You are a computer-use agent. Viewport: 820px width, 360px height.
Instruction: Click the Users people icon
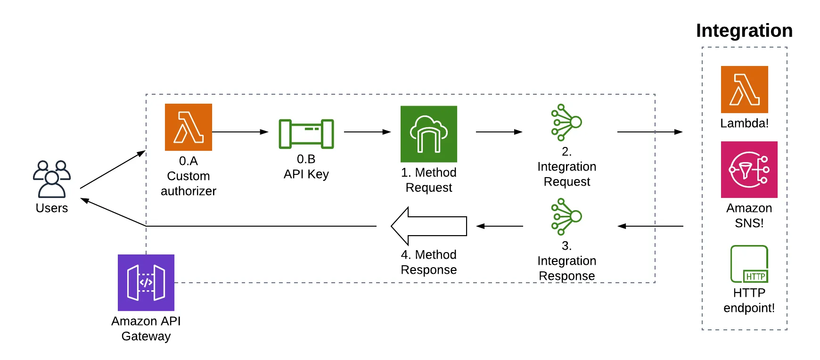click(52, 179)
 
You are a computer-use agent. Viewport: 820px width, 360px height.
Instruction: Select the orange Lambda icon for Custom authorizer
click(189, 127)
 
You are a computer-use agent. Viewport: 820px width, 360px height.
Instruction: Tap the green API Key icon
click(306, 134)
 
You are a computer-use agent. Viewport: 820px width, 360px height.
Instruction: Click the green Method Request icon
click(429, 134)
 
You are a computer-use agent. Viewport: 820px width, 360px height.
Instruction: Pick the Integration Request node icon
click(566, 123)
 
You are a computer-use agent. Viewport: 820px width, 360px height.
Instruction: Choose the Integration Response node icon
click(566, 217)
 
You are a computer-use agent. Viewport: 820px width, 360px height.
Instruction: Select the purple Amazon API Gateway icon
click(146, 283)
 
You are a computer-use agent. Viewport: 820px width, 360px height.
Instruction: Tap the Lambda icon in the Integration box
click(745, 90)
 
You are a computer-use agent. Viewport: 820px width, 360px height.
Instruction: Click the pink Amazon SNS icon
click(749, 170)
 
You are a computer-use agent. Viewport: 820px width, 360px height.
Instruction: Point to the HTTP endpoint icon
click(749, 264)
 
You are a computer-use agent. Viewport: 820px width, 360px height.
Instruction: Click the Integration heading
click(744, 31)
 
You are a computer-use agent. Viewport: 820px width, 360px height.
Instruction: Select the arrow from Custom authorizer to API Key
click(240, 132)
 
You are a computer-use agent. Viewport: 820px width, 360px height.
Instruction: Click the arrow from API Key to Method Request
click(368, 132)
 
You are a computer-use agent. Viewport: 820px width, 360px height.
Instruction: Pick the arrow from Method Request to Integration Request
click(500, 132)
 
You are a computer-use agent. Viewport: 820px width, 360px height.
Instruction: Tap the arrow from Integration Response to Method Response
click(500, 226)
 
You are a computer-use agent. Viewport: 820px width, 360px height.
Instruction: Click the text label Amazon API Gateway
click(146, 328)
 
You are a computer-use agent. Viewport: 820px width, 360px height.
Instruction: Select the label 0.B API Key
click(306, 166)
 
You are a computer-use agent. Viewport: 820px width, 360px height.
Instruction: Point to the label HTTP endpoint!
click(749, 300)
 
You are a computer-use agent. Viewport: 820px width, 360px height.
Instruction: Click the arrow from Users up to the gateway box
click(113, 169)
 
